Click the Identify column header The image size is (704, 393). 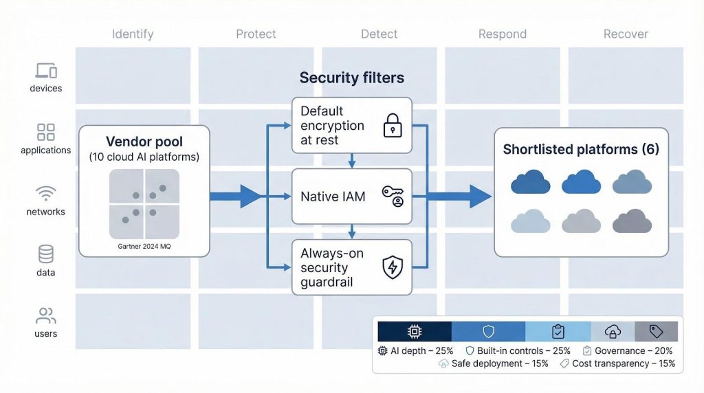click(133, 34)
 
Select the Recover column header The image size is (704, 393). click(626, 34)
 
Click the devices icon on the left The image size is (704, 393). click(46, 70)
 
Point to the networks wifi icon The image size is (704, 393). click(46, 194)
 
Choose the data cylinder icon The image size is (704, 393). click(46, 254)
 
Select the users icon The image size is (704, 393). click(46, 316)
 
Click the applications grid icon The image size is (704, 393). click(46, 132)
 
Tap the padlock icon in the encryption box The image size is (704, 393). click(393, 126)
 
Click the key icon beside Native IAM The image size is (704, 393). click(393, 196)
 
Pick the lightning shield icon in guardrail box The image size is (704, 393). click(393, 267)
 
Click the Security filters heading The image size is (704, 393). click(351, 78)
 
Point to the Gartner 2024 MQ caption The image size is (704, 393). click(144, 246)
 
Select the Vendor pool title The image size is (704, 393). click(144, 142)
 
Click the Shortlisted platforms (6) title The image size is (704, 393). click(581, 149)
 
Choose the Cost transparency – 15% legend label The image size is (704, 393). click(624, 363)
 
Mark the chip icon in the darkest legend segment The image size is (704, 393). click(415, 332)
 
